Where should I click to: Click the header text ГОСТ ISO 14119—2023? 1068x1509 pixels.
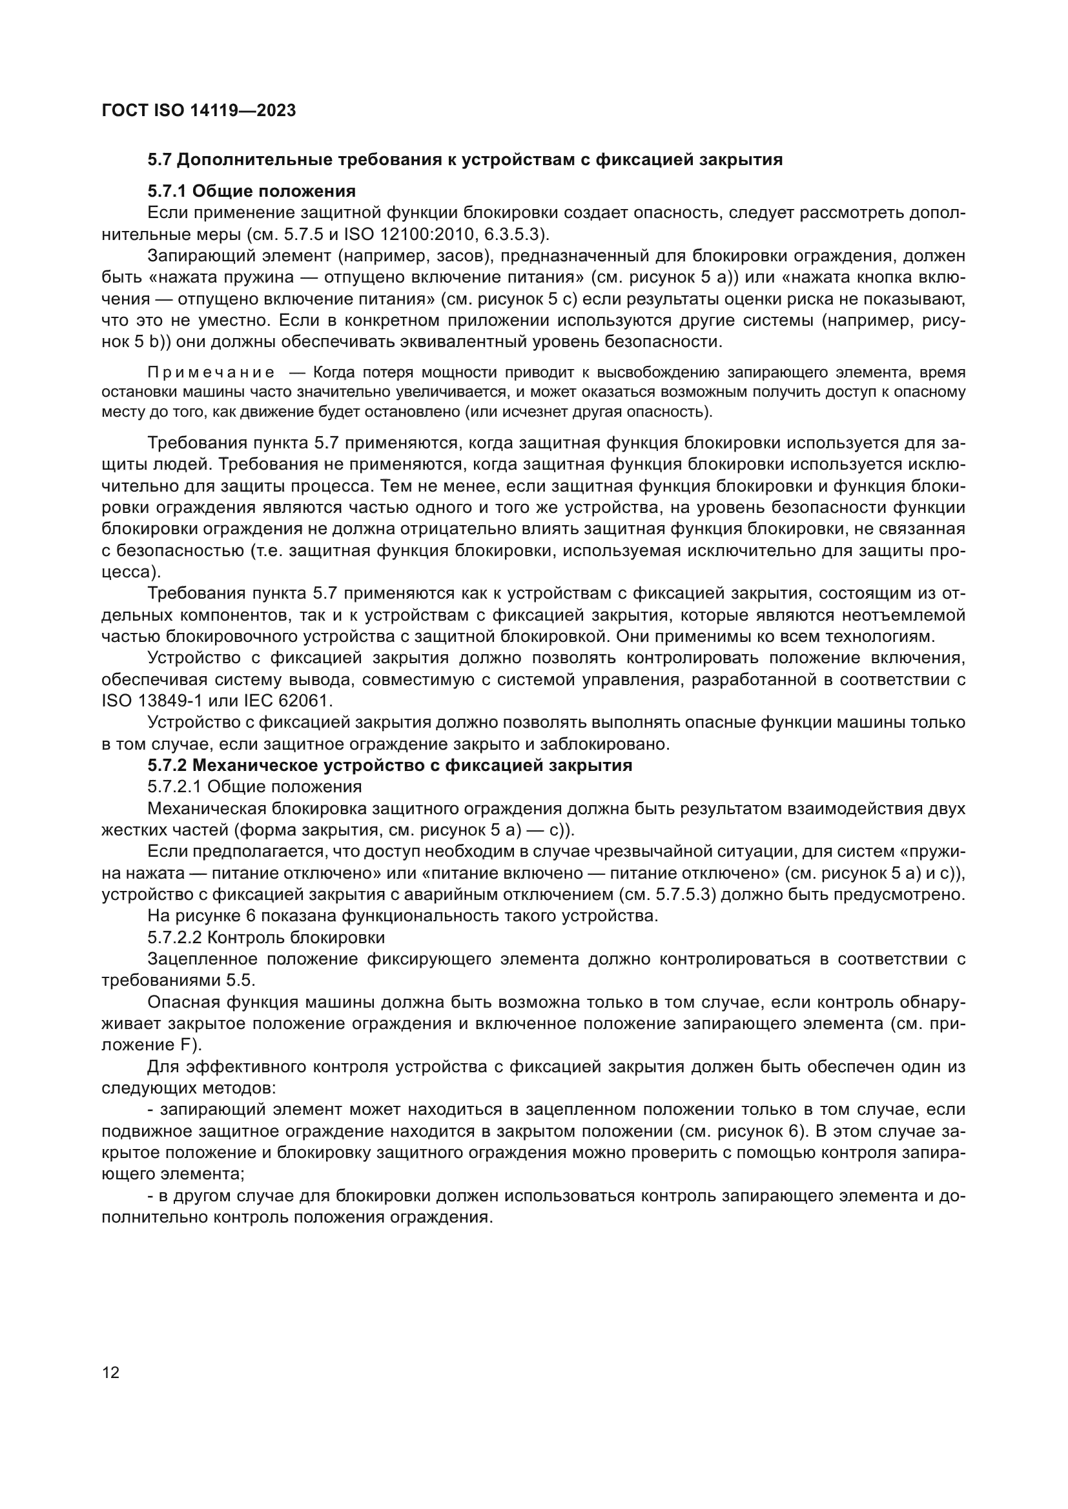point(199,110)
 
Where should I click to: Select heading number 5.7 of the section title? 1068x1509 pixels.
point(159,160)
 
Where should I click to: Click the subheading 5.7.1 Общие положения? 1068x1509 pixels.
point(251,191)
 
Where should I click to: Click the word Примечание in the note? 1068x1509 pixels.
point(211,374)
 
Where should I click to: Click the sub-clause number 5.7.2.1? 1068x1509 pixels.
point(174,786)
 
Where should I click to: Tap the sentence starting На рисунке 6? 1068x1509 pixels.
point(402,916)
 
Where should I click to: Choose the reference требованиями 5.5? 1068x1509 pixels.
point(178,981)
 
